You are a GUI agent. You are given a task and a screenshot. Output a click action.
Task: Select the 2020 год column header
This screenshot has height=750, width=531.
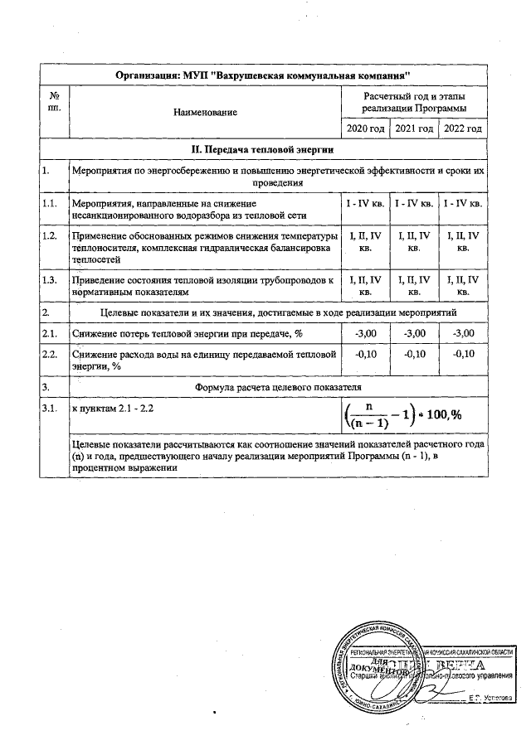365,130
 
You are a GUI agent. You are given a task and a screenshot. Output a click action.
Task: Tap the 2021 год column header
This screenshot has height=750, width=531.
414,130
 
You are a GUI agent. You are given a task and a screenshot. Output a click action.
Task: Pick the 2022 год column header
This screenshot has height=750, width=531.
463,130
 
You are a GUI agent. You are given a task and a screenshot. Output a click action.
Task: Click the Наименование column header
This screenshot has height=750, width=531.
205,112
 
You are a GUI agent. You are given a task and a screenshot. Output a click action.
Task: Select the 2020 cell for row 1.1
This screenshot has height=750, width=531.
365,203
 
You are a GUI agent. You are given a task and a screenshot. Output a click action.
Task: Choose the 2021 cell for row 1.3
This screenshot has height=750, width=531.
414,286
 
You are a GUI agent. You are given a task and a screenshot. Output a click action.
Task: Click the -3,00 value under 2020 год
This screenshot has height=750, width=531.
365,333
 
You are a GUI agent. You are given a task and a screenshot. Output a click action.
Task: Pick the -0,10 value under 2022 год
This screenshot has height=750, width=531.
463,354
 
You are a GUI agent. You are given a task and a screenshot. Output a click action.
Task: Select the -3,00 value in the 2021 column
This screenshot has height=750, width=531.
414,333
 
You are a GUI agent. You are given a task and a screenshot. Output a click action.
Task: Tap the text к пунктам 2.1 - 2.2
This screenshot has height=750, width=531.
114,409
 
